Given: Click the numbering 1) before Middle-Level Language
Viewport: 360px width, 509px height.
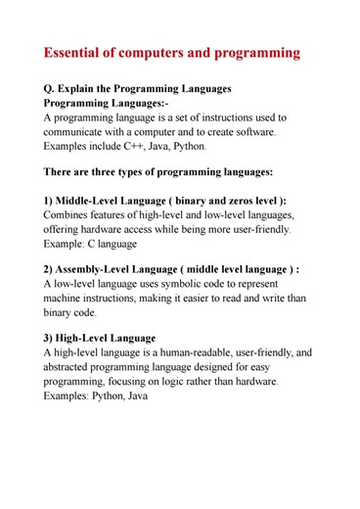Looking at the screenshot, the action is click(50, 201).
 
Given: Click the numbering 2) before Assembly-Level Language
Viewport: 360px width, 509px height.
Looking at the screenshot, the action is click(50, 270).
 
